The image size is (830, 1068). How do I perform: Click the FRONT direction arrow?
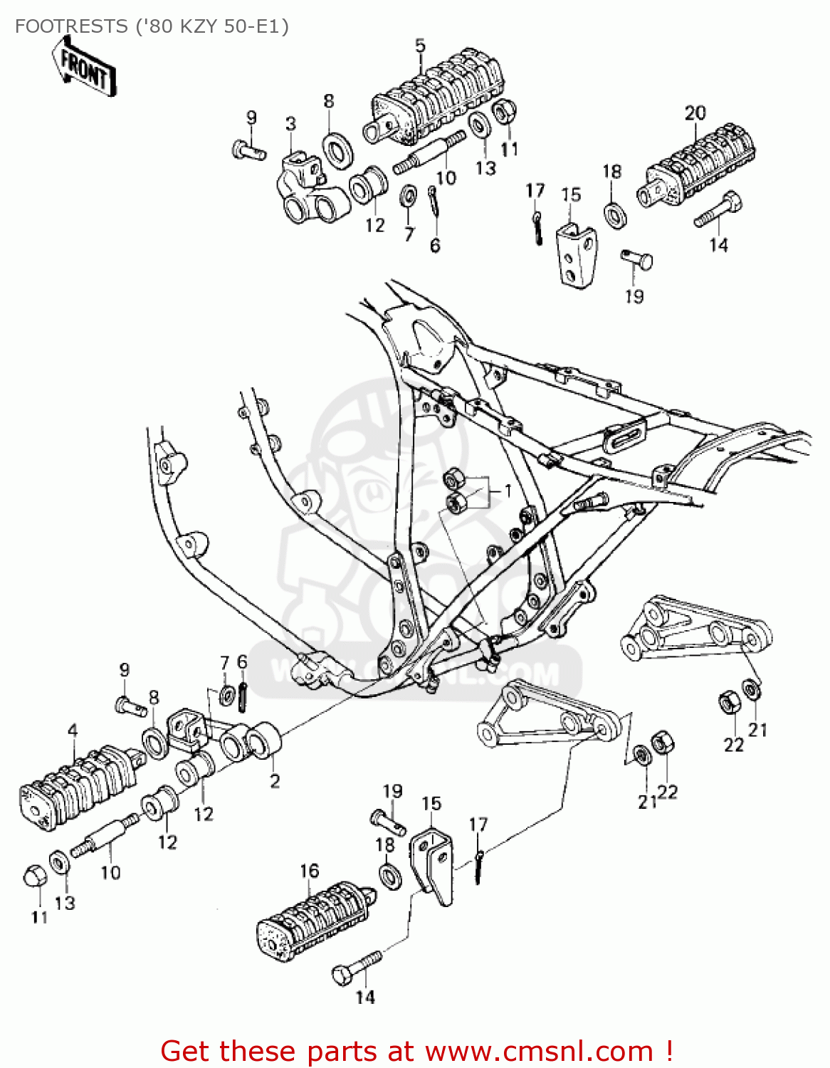[84, 68]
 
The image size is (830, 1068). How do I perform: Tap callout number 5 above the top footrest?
[420, 46]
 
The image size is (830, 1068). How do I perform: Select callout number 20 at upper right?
[695, 112]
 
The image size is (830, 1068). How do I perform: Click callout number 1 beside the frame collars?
[508, 491]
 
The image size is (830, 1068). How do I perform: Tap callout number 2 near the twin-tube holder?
[275, 781]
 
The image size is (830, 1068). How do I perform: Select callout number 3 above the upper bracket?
[290, 124]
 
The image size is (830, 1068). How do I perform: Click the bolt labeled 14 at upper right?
[719, 209]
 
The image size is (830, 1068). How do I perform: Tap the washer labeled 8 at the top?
[337, 149]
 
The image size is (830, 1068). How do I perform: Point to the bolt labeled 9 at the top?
[248, 150]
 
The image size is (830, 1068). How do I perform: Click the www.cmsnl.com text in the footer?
[539, 1051]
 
